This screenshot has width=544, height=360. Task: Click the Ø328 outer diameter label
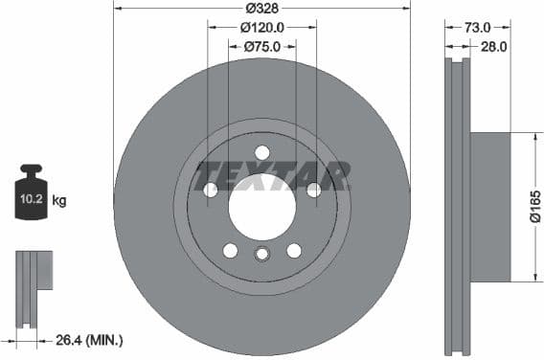(262, 8)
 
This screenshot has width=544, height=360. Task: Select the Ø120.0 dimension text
(262, 28)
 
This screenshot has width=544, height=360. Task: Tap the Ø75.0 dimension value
(262, 46)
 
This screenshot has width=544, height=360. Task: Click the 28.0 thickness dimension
(492, 46)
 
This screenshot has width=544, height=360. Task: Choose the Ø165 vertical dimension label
(535, 208)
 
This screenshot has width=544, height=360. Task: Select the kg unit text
(59, 201)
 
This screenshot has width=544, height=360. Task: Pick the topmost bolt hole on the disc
(262, 152)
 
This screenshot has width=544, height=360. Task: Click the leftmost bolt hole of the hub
(211, 190)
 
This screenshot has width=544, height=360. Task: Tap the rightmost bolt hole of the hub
(313, 190)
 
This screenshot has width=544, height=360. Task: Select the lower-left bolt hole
(230, 250)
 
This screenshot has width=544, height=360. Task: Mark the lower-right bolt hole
(294, 250)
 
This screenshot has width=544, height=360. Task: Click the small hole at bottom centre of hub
(262, 255)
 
